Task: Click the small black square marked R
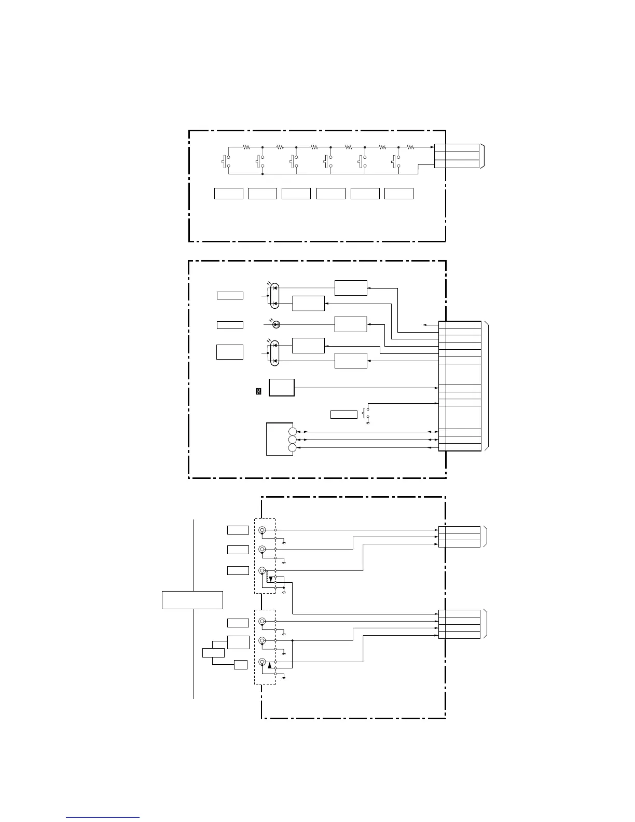coord(258,391)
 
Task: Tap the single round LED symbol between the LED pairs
coord(276,324)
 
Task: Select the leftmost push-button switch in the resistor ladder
coord(225,161)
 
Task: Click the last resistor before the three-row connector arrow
coord(410,147)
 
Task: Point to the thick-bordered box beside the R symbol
coord(281,388)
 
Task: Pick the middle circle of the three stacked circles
coord(293,440)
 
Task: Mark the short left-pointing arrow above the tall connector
coord(430,325)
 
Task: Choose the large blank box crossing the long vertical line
coord(192,599)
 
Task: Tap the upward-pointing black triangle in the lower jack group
coord(269,665)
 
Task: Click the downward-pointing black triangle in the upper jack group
coord(270,578)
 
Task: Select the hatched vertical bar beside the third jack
coord(267,576)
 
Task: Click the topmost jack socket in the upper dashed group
coord(262,530)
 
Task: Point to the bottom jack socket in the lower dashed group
coord(262,662)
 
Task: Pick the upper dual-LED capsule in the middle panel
coord(274,295)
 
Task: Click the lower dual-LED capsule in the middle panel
coord(274,353)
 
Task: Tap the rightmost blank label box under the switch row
coord(398,194)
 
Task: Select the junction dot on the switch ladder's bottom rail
coord(263,174)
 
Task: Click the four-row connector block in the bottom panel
coord(459,624)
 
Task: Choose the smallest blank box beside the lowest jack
coord(240,664)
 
